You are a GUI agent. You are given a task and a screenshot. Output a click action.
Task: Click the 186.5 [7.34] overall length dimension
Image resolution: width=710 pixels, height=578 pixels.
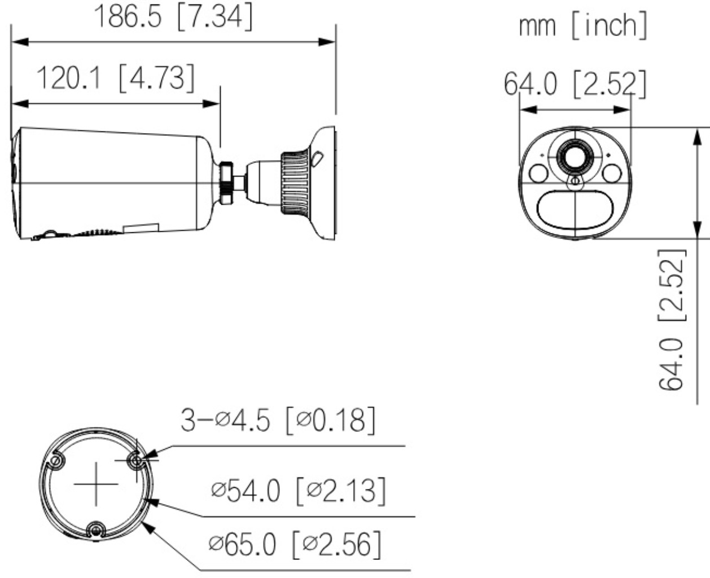(172, 17)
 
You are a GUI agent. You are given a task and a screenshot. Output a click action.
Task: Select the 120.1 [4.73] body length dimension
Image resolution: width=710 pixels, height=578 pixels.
(116, 78)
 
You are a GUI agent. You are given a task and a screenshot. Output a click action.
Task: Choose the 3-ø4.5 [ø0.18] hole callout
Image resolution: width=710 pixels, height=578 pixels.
(277, 421)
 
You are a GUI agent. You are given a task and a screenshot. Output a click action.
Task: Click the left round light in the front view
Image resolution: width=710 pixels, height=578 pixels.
(538, 174)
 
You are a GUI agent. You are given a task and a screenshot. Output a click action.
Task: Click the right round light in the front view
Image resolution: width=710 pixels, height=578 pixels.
(611, 174)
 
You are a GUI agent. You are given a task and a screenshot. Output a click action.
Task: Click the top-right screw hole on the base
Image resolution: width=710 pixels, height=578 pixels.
(135, 461)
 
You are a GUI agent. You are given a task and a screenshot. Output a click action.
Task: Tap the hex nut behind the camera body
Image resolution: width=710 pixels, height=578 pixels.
(226, 183)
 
